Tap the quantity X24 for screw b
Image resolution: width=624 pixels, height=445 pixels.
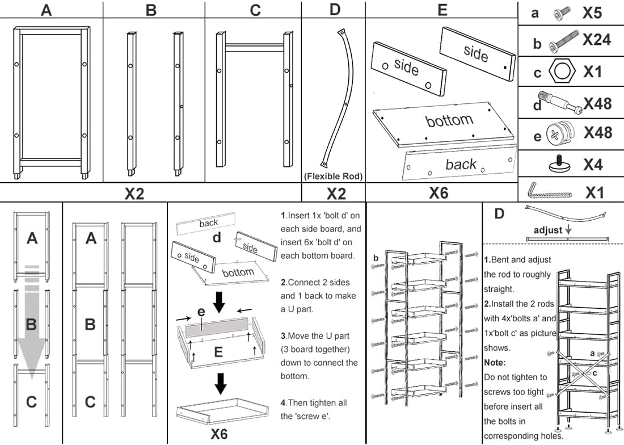click(597, 40)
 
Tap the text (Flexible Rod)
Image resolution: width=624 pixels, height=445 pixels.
click(334, 176)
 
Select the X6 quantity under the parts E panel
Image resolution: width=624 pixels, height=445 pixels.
click(439, 193)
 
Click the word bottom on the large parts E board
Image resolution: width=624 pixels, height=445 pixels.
click(449, 120)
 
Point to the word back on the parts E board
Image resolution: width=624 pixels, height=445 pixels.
click(461, 165)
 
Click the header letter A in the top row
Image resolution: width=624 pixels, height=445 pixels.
click(46, 10)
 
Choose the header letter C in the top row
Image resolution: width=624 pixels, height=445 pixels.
click(255, 10)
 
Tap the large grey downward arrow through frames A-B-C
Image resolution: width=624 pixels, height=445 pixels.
click(32, 324)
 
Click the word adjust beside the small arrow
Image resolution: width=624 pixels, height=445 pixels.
click(547, 230)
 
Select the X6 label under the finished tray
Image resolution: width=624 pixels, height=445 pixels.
click(219, 434)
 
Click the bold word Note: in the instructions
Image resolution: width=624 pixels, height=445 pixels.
click(495, 362)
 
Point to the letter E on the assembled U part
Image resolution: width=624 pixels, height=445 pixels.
click(218, 352)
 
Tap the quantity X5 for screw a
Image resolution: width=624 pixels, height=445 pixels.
click(596, 13)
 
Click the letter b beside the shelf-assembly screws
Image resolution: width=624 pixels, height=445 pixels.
click(376, 258)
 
